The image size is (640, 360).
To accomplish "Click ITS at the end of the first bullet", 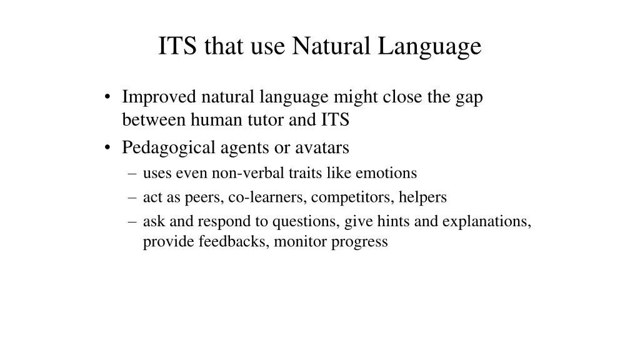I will tap(335, 120).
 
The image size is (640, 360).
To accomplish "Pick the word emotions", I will tap(386, 172).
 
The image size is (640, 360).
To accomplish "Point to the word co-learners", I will tap(267, 197).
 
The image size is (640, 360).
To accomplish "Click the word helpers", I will tap(423, 197).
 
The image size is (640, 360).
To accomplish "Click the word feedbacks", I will tap(234, 241).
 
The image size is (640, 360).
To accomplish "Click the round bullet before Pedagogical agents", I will tap(109, 148).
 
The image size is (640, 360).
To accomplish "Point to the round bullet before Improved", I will tap(109, 97).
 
